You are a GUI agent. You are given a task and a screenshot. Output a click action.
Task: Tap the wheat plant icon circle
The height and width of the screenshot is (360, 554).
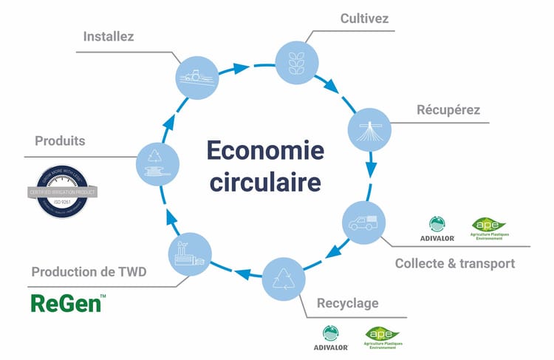(x=296, y=59)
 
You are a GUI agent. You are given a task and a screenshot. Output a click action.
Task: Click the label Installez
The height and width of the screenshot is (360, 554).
(x=109, y=35)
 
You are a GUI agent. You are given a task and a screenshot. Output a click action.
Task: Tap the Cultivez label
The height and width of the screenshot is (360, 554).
(x=364, y=18)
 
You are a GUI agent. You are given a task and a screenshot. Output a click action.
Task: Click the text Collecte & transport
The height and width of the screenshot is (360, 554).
(x=454, y=263)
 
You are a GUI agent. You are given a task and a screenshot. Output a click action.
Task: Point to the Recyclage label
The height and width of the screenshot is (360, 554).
(x=347, y=302)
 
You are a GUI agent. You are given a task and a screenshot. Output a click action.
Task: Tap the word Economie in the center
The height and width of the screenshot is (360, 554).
(x=265, y=150)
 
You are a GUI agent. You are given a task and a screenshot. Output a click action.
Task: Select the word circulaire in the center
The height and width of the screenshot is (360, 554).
(x=265, y=181)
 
